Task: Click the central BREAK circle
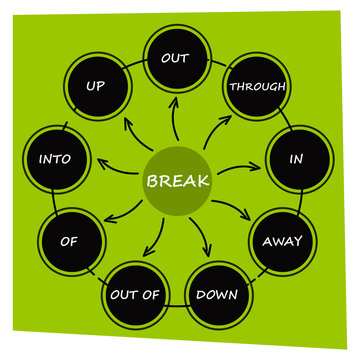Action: pyautogui.click(x=177, y=182)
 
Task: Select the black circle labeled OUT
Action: pyautogui.click(x=176, y=59)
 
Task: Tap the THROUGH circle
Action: pyautogui.click(x=258, y=86)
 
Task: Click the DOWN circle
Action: pyautogui.click(x=216, y=295)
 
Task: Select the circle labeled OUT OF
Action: pyautogui.click(x=133, y=295)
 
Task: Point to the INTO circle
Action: pyautogui.click(x=54, y=159)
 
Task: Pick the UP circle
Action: pyautogui.click(x=96, y=86)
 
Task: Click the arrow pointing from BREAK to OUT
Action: pyautogui.click(x=176, y=121)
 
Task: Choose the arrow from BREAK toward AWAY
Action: pyautogui.click(x=232, y=208)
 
